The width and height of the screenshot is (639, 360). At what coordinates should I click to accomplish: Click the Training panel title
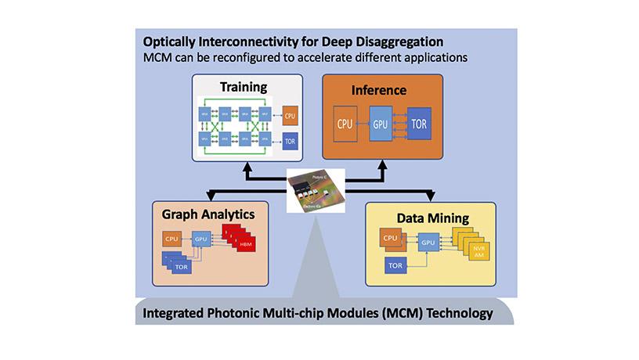243,86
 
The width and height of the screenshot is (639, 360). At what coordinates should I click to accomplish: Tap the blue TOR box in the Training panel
289,142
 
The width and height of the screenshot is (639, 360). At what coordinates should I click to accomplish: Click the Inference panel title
378,90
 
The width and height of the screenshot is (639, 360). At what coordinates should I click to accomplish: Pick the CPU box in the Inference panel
345,123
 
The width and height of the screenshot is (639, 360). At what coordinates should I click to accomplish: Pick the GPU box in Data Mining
428,243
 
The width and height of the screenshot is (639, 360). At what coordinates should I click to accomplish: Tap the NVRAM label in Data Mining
478,252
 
